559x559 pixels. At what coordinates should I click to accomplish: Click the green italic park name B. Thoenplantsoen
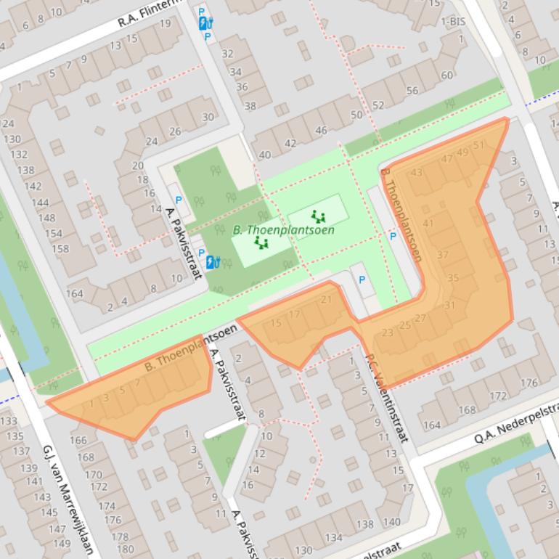coord(283,230)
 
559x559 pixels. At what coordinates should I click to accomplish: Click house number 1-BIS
coord(453,22)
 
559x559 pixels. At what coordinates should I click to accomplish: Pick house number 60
coord(446,76)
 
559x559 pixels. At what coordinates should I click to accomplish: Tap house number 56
coord(412,91)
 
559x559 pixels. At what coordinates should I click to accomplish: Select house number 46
coord(321,131)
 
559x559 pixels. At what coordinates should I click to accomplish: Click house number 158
coord(61,249)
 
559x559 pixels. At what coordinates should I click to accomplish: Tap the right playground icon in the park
coord(317,216)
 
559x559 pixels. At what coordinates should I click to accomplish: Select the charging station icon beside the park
coord(212,262)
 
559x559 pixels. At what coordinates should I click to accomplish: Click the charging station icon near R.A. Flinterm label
coord(205,23)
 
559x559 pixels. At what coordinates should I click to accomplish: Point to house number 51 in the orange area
coord(478,145)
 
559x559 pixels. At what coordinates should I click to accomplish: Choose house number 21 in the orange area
coord(326,300)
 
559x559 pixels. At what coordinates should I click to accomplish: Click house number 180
coord(125,549)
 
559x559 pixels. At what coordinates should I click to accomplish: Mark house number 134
coord(333,538)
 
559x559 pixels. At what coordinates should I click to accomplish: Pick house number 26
coord(175,131)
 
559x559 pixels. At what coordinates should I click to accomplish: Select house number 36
coord(242,86)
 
